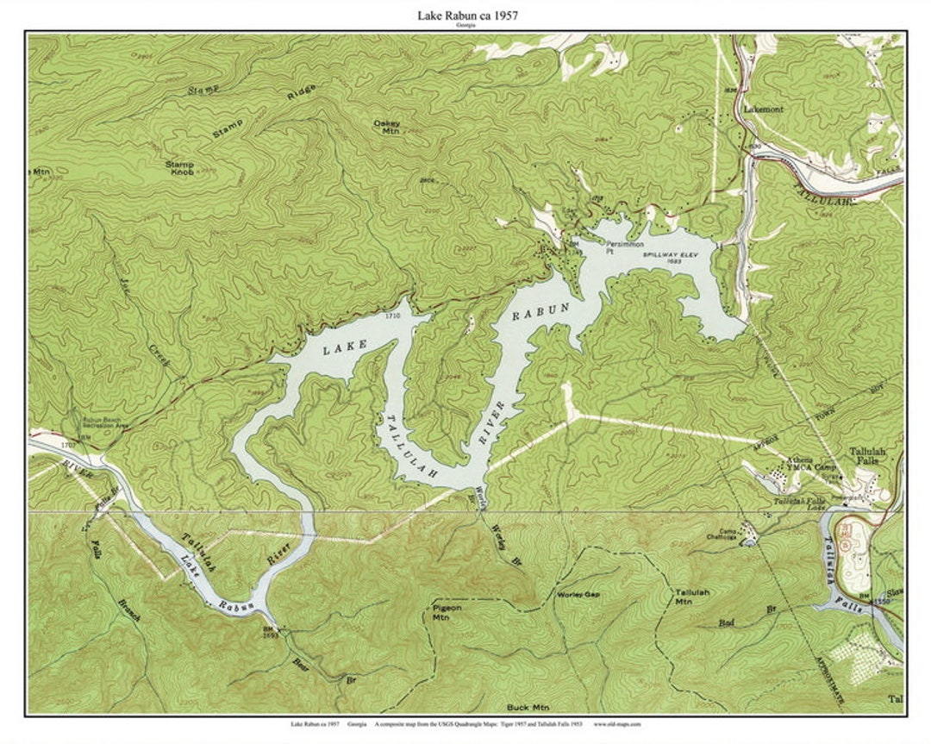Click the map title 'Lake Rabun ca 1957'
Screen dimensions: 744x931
pyautogui.click(x=467, y=16)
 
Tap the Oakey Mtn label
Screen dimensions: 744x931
pyautogui.click(x=386, y=127)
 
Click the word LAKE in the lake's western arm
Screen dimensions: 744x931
pyautogui.click(x=345, y=347)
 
